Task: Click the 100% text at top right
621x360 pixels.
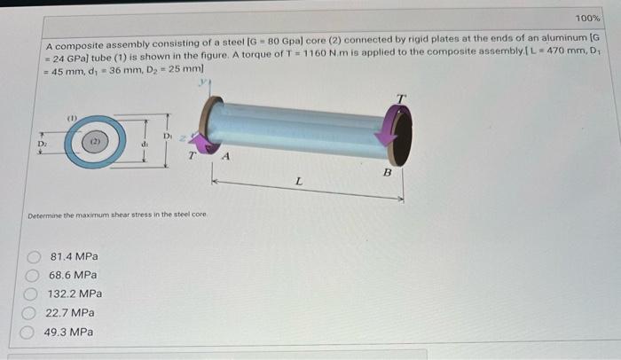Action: click(586, 19)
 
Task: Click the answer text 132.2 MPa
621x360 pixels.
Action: click(75, 294)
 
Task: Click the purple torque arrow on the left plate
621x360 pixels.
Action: click(201, 142)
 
